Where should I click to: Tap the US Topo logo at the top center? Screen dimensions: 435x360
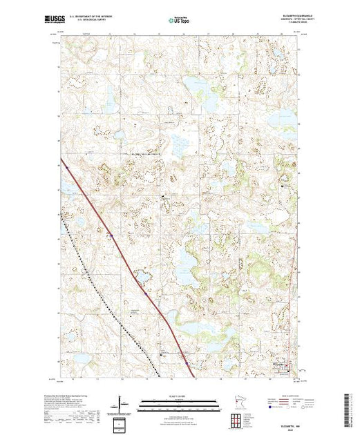180,21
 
